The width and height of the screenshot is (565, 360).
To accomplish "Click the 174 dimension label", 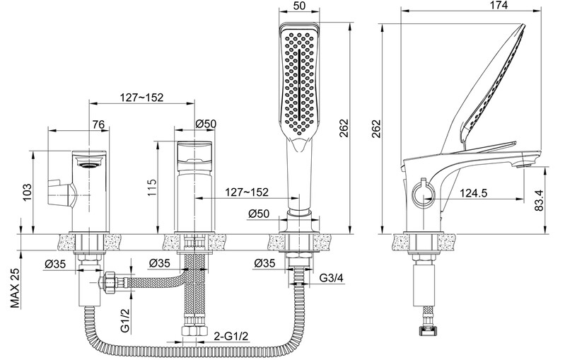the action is point(499,6).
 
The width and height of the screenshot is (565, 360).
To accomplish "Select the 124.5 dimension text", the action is point(474,193).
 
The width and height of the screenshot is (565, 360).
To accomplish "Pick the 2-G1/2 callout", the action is point(231,336).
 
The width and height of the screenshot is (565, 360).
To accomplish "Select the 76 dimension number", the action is point(98,124).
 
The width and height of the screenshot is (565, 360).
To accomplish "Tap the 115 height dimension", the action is point(152,187).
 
